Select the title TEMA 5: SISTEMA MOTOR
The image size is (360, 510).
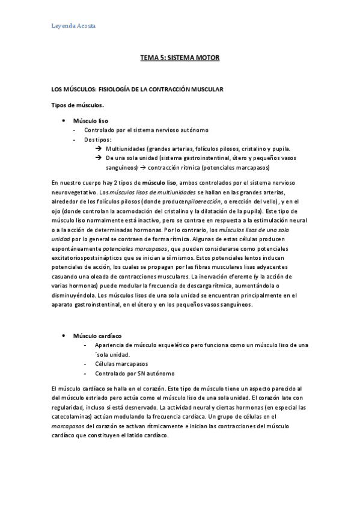(x=180, y=58)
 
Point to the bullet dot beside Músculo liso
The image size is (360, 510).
(x=64, y=120)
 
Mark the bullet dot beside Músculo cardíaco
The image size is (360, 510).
(x=64, y=335)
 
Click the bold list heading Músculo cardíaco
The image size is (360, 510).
(x=97, y=335)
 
